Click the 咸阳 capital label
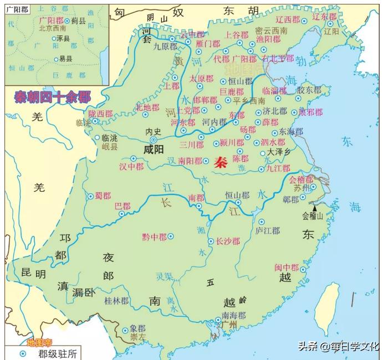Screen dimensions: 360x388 (x=154, y=150)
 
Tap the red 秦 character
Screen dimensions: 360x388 (x=221, y=162)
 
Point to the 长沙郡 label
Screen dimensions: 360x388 (x=227, y=241)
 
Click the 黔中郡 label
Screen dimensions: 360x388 (x=154, y=236)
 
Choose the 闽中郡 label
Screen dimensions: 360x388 (x=287, y=268)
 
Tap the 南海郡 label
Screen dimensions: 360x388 (x=233, y=316)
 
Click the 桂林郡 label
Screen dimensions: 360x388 (x=116, y=301)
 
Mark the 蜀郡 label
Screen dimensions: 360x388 (x=103, y=196)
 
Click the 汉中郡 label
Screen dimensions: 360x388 (x=132, y=166)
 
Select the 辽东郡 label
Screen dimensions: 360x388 (x=325, y=17)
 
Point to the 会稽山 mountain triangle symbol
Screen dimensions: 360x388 (x=315, y=208)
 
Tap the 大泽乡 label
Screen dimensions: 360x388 (x=280, y=151)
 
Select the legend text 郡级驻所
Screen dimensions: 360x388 (x=54, y=353)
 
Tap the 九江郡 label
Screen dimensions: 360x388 (x=278, y=168)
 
